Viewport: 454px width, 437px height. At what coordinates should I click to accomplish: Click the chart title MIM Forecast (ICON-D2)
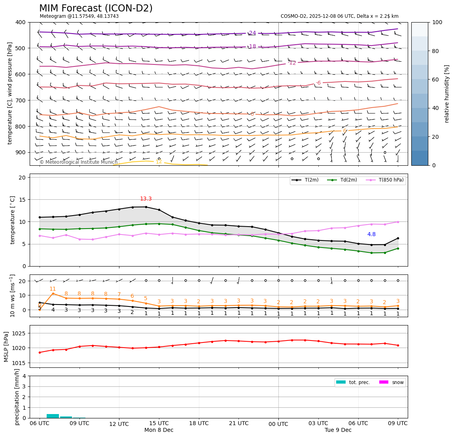96,8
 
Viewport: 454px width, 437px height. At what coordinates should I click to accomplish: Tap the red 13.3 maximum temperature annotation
146,199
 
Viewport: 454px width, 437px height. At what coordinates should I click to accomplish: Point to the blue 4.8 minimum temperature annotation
371,235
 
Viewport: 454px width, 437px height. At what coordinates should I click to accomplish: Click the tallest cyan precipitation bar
53,416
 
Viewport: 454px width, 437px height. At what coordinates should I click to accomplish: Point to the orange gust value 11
53,289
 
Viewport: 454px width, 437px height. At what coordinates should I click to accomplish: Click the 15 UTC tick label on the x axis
159,424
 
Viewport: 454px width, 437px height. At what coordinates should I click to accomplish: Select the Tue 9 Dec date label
338,430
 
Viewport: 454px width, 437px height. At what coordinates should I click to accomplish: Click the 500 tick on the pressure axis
21,48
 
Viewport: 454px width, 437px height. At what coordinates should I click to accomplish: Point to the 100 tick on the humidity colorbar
437,23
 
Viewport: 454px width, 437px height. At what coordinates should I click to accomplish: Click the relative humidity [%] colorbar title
447,94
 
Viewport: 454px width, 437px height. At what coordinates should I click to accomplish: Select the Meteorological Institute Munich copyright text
78,162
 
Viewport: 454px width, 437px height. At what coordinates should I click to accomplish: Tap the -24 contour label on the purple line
252,33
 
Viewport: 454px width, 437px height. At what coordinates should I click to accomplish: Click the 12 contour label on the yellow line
159,162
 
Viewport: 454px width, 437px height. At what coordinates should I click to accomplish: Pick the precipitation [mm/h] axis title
17,397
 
